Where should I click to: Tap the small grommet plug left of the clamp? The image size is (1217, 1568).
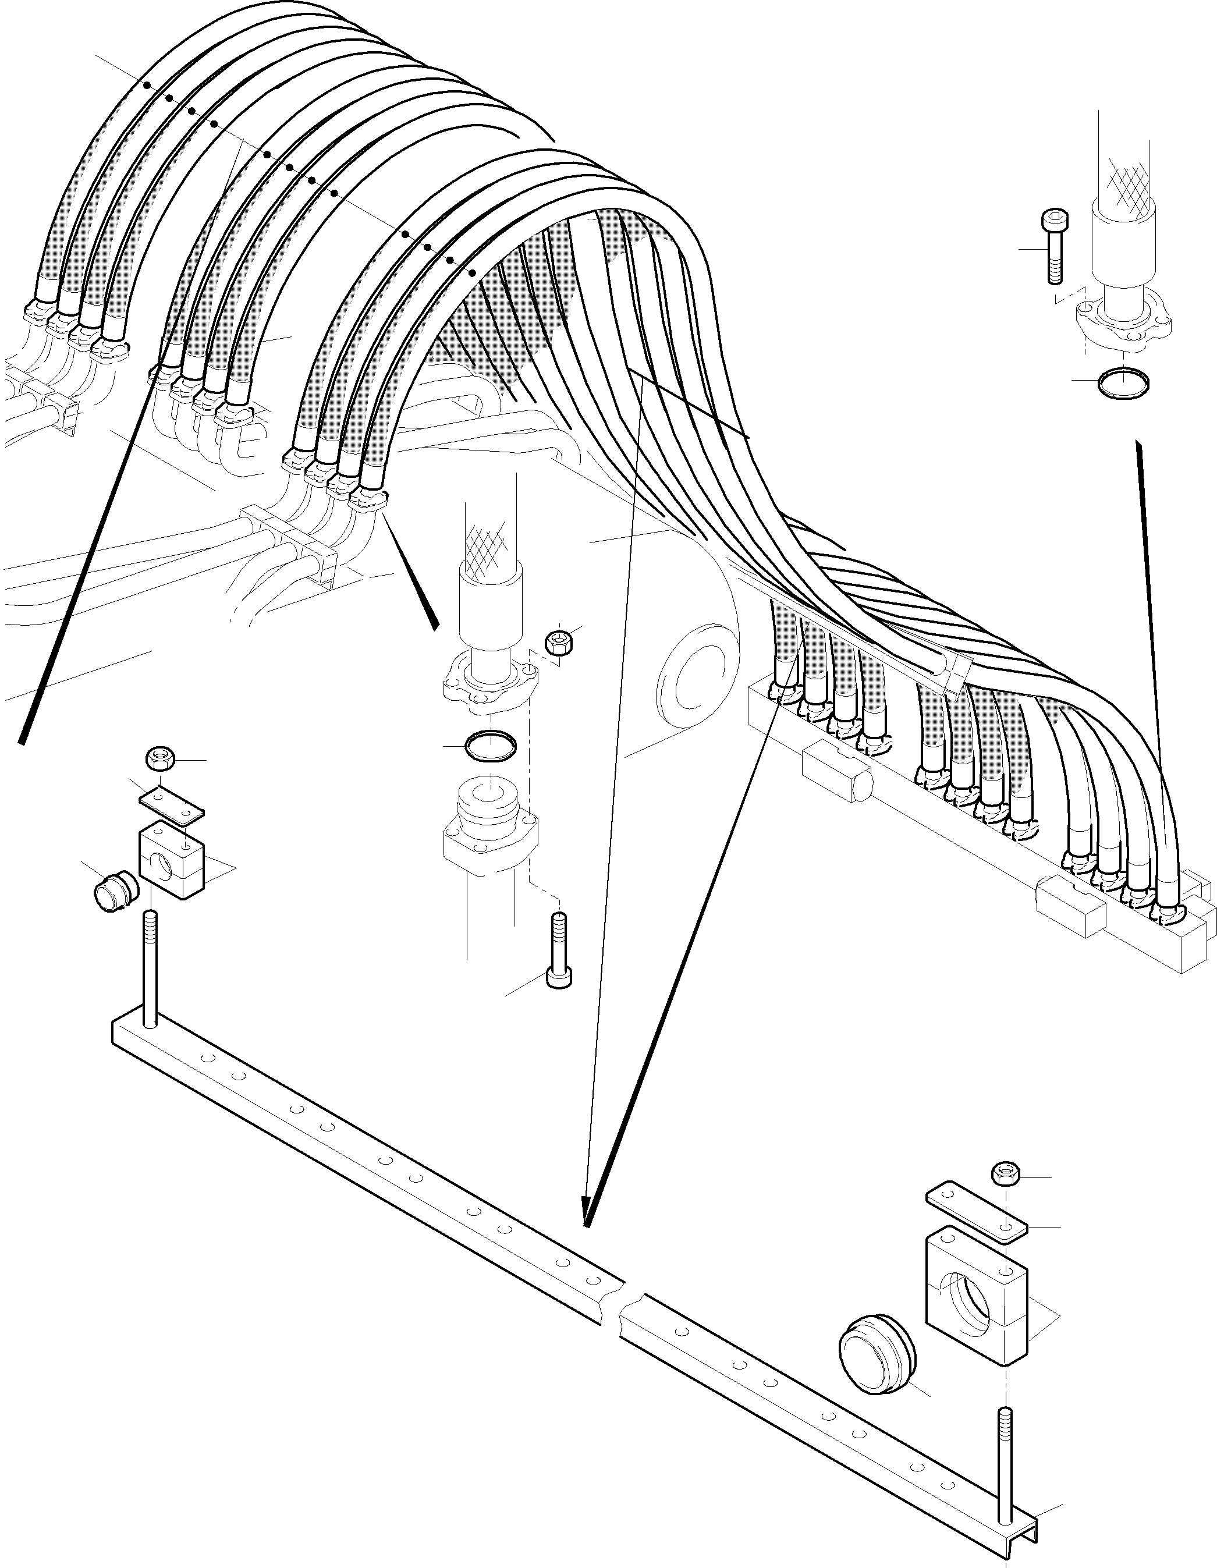tap(110, 892)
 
